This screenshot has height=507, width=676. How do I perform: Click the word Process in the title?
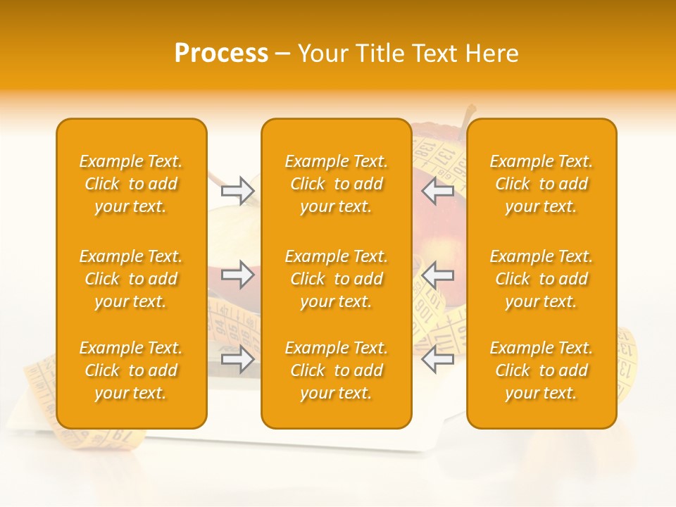pyautogui.click(x=221, y=53)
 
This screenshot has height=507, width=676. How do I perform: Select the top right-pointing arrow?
pyautogui.click(x=237, y=190)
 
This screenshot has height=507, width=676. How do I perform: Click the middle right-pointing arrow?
pyautogui.click(x=237, y=275)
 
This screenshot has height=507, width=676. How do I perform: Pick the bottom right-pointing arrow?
pyautogui.click(x=237, y=360)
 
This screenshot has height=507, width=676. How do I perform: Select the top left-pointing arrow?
pyautogui.click(x=438, y=190)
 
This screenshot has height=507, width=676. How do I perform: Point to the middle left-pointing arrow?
pyautogui.click(x=438, y=275)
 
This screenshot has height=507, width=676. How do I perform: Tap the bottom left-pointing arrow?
pyautogui.click(x=438, y=360)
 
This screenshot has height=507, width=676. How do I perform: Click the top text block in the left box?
pyautogui.click(x=131, y=184)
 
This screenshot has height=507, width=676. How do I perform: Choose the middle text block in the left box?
pyautogui.click(x=131, y=279)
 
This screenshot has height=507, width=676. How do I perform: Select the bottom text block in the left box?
pyautogui.click(x=131, y=370)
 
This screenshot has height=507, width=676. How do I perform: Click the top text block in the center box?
pyautogui.click(x=337, y=184)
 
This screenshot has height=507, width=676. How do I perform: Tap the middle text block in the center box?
pyautogui.click(x=337, y=279)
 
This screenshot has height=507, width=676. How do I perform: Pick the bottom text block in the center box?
pyautogui.click(x=337, y=370)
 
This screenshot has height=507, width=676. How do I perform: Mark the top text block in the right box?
pyautogui.click(x=542, y=184)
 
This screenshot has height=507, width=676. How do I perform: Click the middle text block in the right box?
pyautogui.click(x=542, y=279)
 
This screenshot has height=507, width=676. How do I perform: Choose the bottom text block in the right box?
pyautogui.click(x=542, y=370)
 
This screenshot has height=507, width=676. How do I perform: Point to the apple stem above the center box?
pyautogui.click(x=468, y=112)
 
